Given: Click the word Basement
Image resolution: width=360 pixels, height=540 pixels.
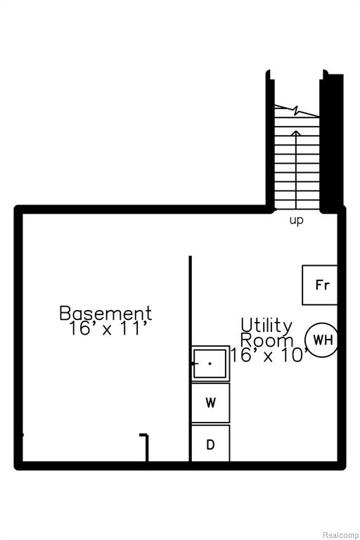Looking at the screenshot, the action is [105, 313].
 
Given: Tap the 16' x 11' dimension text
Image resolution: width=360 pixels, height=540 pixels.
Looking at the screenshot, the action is [110, 328].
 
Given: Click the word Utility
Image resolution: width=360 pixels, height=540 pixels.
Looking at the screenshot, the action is [266, 325].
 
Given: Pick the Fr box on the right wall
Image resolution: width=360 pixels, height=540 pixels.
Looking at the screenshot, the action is [319, 285].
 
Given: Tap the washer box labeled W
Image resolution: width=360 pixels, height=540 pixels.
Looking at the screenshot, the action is [210, 403].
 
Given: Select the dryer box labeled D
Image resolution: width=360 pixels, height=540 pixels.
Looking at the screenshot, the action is [210, 443].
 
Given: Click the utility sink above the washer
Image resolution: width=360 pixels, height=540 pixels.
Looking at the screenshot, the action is [210, 364].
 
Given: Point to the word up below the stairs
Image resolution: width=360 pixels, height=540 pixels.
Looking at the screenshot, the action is [296, 220].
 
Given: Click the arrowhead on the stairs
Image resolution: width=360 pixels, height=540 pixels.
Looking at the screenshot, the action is [296, 133].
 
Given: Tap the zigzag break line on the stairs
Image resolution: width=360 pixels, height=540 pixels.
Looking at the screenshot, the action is [297, 110].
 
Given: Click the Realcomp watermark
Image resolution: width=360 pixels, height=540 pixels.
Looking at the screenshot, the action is [340, 535].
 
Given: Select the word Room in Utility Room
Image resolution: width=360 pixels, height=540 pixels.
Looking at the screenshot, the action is [266, 340].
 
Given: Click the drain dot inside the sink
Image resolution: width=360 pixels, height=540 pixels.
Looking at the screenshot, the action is [210, 364].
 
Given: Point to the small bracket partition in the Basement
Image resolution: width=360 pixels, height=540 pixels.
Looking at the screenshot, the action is [147, 447].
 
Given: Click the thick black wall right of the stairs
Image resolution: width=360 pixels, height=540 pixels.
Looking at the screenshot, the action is [331, 142].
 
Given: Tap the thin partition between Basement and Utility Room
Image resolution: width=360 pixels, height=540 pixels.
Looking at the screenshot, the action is [190, 359].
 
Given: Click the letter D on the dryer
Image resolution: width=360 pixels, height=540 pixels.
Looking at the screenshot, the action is [210, 444].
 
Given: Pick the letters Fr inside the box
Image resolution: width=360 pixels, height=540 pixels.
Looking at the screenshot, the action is [323, 285].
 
